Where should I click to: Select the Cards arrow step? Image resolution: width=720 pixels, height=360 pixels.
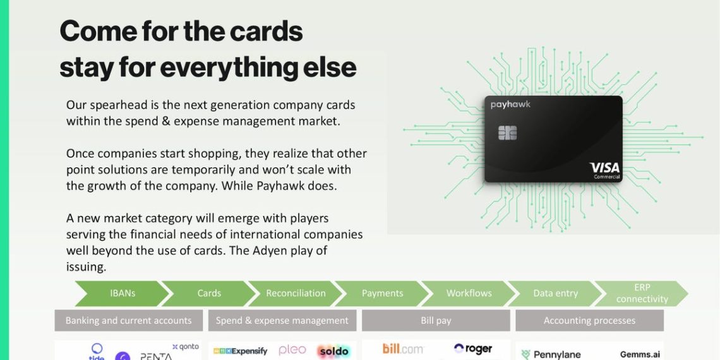pos(209,294)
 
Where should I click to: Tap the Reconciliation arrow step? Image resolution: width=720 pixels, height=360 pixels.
pos(296,294)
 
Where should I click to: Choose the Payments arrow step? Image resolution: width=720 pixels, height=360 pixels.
pos(382,294)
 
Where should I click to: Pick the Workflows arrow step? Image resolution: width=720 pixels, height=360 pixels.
pos(469,294)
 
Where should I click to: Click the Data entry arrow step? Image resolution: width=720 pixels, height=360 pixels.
pos(555,294)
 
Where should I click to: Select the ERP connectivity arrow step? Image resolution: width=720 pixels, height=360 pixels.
pos(641,294)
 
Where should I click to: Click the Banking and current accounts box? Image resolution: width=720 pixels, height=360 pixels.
pos(128,320)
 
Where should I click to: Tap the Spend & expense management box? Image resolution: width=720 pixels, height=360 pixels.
pos(282,320)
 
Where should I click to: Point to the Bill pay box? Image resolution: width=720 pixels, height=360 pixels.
pos(436,320)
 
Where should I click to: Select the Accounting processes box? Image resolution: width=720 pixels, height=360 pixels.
pos(589,320)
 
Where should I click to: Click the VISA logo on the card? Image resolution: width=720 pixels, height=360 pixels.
pos(604,168)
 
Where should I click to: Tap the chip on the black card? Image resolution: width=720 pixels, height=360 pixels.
pos(507,133)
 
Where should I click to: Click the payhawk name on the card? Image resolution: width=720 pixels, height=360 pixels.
pos(510,105)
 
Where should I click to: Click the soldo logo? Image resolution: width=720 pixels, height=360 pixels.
pos(333,351)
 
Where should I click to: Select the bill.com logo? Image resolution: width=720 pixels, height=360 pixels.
pos(402,349)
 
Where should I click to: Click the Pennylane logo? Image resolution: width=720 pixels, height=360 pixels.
pos(551,354)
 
